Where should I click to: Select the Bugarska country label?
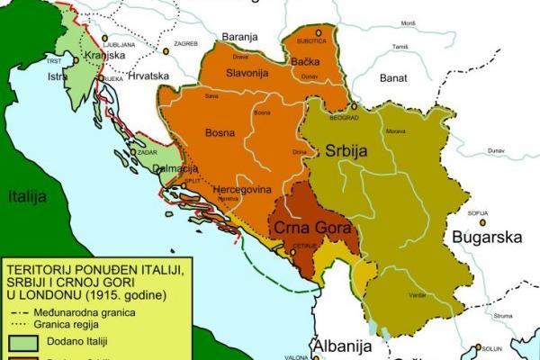click(486, 239)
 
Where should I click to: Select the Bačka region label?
click(308, 61)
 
